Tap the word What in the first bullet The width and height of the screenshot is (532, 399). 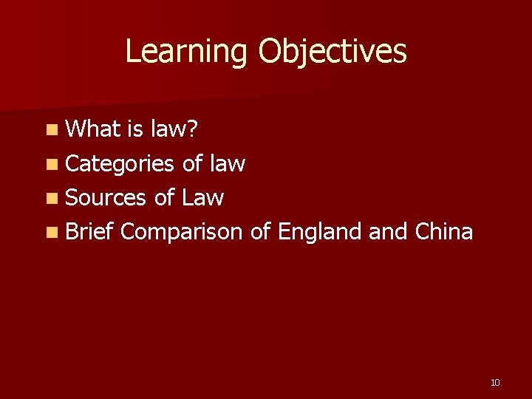[93, 130]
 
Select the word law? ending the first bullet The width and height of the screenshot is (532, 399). [174, 130]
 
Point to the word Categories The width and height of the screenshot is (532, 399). [120, 164]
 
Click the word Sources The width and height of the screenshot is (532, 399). [106, 197]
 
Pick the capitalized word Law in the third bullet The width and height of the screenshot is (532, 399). [202, 197]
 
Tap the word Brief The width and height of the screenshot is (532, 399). [89, 231]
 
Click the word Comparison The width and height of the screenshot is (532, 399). [181, 232]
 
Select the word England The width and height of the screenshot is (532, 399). [319, 231]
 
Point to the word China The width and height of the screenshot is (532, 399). [444, 231]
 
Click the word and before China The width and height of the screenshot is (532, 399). [387, 231]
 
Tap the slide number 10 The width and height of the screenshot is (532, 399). [495, 382]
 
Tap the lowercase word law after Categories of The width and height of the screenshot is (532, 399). [228, 163]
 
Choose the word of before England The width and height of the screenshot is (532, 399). [260, 231]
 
